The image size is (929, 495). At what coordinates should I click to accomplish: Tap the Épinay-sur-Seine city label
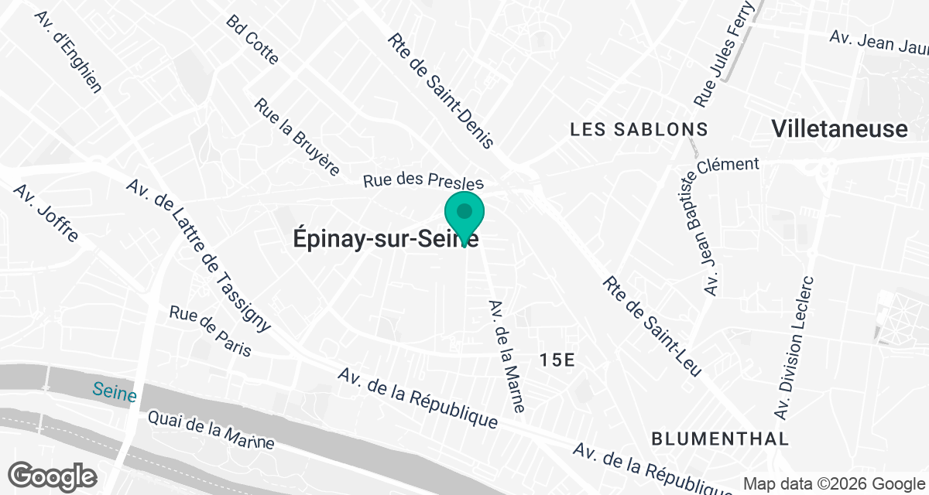pos(385,239)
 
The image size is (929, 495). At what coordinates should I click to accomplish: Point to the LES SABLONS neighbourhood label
pos(639,129)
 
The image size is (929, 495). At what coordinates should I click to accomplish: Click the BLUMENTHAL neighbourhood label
pos(720,439)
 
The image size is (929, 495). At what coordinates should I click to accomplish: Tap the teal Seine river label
pos(115,391)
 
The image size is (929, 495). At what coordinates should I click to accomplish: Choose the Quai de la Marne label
pos(211,430)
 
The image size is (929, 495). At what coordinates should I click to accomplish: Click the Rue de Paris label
pos(211,331)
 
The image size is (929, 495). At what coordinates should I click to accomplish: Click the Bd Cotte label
pos(252,39)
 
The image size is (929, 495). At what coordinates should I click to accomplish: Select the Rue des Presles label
pos(423,181)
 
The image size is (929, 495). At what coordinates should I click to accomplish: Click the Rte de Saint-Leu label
pos(652,326)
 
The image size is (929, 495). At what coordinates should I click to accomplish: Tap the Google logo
pos(52,476)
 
